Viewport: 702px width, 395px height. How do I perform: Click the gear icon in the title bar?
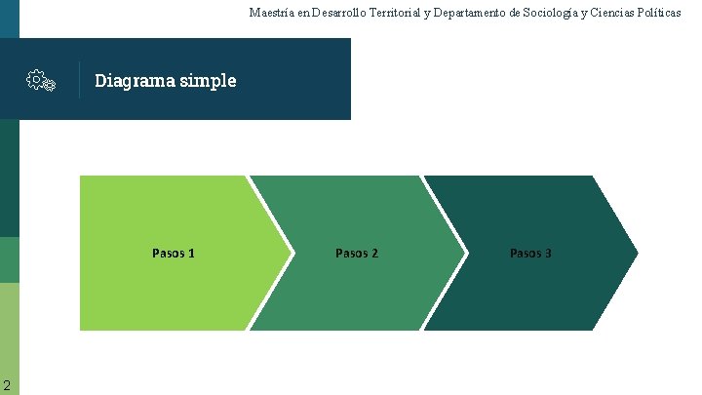tap(40, 81)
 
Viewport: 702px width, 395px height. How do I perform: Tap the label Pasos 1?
tap(174, 254)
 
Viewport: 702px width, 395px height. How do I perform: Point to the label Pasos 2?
tap(357, 254)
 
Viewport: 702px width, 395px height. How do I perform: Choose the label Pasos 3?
tap(531, 254)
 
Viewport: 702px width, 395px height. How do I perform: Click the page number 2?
tap(7, 383)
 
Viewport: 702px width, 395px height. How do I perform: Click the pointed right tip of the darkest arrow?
tap(636, 254)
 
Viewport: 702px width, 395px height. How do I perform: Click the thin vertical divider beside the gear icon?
tap(79, 80)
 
